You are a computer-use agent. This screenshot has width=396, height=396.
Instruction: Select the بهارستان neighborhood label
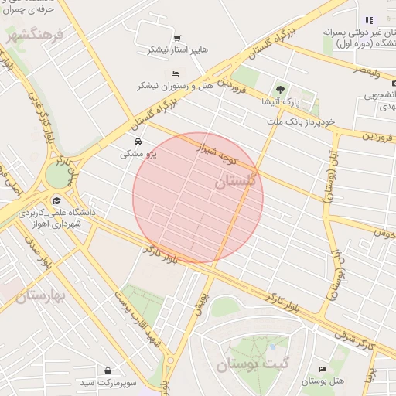pos(32,296)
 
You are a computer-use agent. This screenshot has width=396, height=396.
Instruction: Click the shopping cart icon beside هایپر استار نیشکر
pos(177,38)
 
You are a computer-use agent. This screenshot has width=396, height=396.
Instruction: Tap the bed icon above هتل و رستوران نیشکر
pos(175,73)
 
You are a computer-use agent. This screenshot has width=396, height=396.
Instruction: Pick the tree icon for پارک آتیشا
pos(280,89)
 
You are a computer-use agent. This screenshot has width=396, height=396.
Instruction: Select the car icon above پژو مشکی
pos(138,142)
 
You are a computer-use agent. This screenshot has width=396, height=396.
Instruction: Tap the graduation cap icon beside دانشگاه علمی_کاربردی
pos(56,201)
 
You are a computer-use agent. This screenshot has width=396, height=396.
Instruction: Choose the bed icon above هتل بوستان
pos(323,369)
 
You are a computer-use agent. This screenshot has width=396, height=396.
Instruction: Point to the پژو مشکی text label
pos(138,154)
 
